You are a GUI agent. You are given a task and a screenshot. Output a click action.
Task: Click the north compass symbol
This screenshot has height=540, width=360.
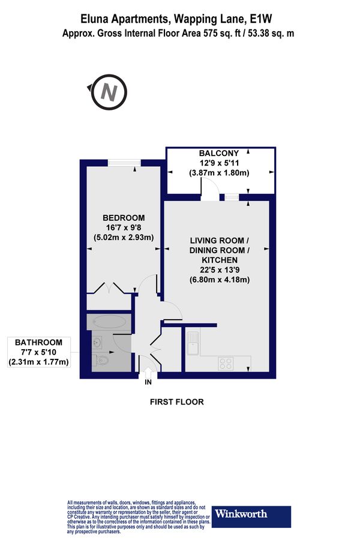tap(110, 92)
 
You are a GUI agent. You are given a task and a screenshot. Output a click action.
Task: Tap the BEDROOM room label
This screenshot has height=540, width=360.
tap(124, 217)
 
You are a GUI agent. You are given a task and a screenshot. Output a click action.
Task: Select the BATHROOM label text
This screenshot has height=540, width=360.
tap(38, 343)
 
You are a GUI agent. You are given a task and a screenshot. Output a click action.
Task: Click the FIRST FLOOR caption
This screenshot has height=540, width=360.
tap(177, 402)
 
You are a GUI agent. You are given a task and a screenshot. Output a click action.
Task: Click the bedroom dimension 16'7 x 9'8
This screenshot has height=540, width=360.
tap(124, 227)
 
